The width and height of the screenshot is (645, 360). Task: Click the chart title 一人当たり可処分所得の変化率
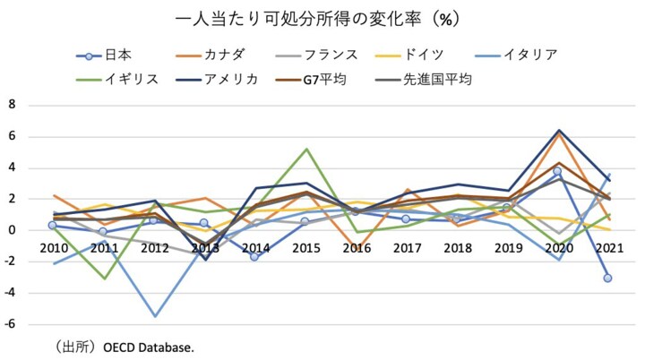click(322, 17)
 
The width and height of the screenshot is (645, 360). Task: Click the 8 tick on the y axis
click(13, 105)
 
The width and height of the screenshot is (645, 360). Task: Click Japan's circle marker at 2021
click(607, 278)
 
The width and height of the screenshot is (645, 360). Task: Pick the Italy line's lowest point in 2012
click(154, 316)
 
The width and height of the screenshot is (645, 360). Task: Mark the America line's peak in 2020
click(558, 131)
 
